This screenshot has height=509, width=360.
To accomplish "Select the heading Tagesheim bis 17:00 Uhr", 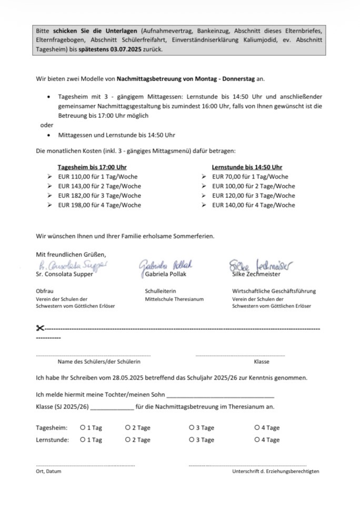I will [92, 167].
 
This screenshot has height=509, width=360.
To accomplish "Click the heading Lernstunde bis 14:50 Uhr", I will [247, 167].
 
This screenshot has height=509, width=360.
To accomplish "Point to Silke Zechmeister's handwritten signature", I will [260, 264].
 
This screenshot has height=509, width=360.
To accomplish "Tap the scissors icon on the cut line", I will [40, 328].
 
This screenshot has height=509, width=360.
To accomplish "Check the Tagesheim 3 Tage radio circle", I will [192, 428].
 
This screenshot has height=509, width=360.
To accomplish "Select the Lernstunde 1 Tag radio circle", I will [83, 440].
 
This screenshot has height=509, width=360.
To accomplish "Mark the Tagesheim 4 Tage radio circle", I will [257, 428].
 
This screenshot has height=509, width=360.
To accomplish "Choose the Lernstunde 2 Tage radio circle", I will [128, 440].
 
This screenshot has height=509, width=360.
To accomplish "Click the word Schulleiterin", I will [160, 291].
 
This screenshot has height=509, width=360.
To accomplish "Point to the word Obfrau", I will [45, 291].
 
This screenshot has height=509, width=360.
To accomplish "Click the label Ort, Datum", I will [48, 472].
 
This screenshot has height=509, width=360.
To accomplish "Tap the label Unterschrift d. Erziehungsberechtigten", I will [275, 472].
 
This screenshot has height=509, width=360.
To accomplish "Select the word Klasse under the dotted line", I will [261, 362].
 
